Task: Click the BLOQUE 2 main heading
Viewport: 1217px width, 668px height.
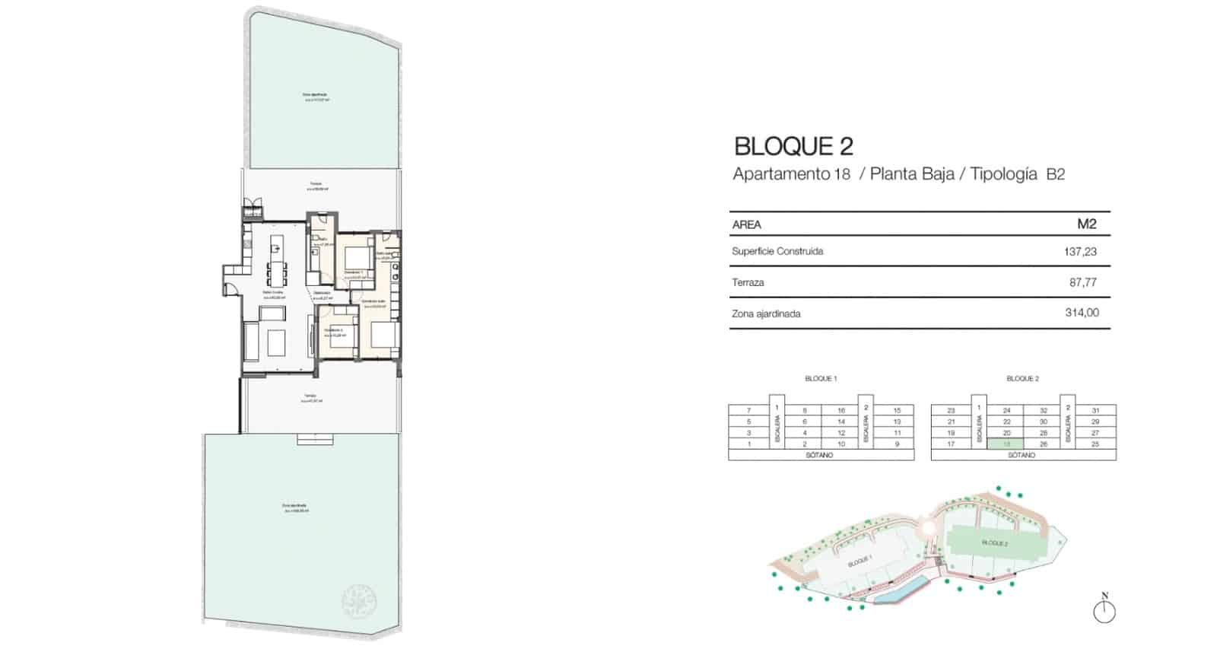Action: (x=793, y=146)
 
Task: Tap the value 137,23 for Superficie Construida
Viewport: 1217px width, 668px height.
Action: (x=1080, y=251)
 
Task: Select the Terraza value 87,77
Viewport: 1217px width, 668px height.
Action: (x=1083, y=282)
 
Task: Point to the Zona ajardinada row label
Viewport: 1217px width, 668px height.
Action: (x=766, y=313)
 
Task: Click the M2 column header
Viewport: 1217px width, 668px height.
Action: (x=1086, y=224)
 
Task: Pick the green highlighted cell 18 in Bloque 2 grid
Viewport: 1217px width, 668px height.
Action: (x=1006, y=444)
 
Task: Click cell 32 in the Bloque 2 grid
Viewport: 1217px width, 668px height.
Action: (x=1043, y=411)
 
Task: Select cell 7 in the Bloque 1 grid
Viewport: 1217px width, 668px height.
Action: (x=748, y=411)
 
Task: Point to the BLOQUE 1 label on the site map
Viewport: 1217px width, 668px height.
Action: (x=859, y=561)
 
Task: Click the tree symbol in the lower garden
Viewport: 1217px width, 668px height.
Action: (x=360, y=602)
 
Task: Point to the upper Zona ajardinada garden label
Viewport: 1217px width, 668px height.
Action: (x=316, y=96)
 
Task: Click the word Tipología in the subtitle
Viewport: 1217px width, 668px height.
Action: (x=1003, y=174)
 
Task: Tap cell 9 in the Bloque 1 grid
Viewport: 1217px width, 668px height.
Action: (x=897, y=444)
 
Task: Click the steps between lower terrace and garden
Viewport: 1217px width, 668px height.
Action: (x=314, y=439)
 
